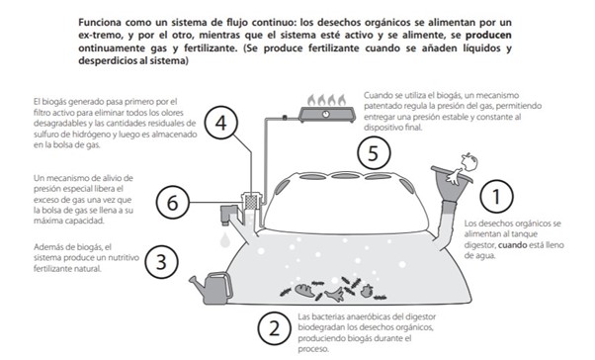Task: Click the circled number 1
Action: [496, 197]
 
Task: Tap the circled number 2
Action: [275, 329]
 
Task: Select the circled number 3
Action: [162, 262]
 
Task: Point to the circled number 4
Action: [220, 123]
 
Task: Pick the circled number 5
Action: [374, 153]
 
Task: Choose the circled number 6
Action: [173, 203]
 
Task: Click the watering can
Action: [212, 288]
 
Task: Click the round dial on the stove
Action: [325, 114]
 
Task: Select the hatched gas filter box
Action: [251, 202]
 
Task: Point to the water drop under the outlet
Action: [225, 240]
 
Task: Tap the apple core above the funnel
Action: [468, 162]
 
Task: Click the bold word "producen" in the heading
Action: [488, 36]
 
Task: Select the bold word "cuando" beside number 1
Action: [512, 245]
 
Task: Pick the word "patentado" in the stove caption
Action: [383, 107]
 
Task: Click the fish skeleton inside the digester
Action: [335, 294]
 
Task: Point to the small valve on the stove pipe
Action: [285, 118]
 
